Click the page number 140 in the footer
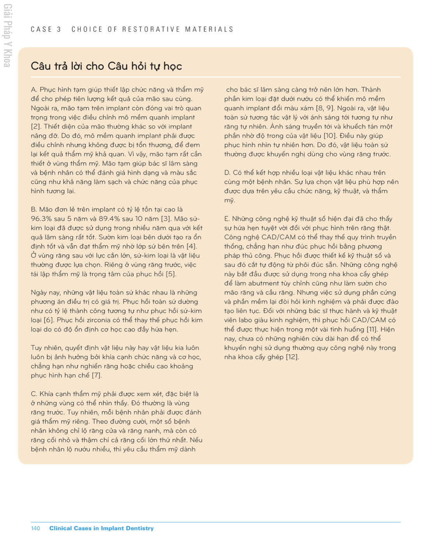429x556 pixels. (35, 528)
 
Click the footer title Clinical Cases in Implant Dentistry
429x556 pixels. (101, 528)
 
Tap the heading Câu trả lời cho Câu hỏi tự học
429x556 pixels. (106, 66)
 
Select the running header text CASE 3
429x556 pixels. (46, 30)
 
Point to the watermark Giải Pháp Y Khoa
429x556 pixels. (7, 36)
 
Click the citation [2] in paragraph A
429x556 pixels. (35, 126)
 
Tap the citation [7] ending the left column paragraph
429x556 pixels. (96, 375)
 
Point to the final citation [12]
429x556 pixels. (292, 357)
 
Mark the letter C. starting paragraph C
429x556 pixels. (34, 394)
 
